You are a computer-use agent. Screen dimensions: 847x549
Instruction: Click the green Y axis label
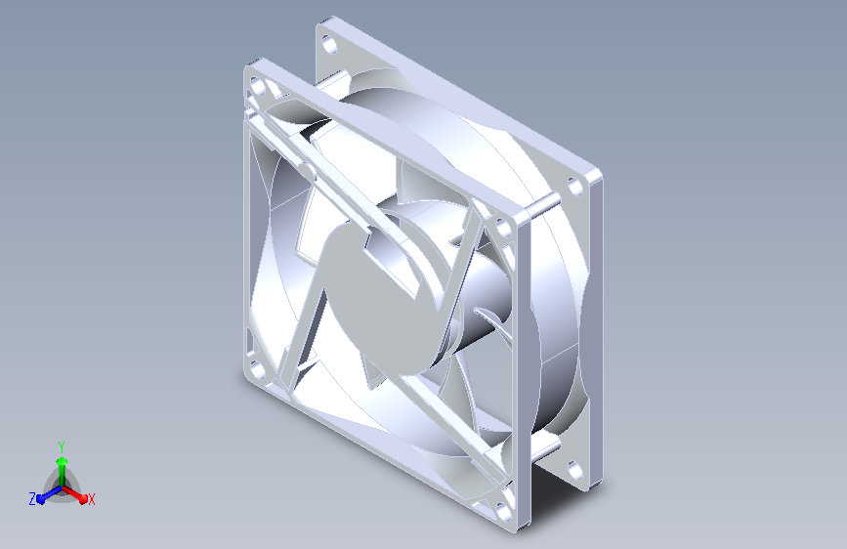tap(62, 446)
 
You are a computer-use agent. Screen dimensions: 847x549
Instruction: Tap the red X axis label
tap(91, 499)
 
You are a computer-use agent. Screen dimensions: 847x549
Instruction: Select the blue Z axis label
tap(32, 499)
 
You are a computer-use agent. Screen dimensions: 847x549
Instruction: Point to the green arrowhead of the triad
tap(63, 461)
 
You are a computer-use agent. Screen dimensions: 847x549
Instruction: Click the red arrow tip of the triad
tap(82, 498)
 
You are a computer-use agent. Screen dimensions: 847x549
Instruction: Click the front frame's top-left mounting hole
tap(258, 86)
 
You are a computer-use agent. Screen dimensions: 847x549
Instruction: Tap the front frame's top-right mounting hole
tap(504, 228)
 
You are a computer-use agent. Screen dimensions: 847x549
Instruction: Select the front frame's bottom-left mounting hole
tap(257, 369)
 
